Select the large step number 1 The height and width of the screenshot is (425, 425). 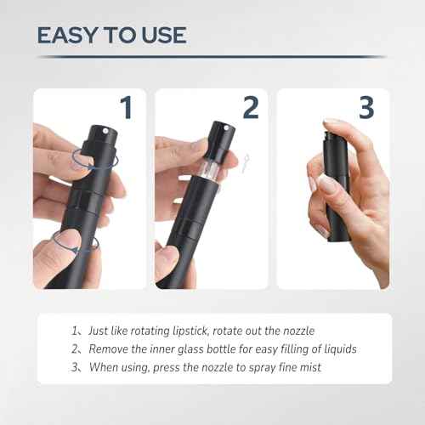click(126, 108)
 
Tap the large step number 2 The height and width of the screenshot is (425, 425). click(250, 108)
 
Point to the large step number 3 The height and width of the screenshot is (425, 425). click(365, 108)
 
